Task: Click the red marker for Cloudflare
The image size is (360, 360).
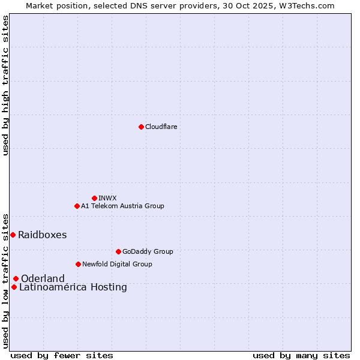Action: coord(141,127)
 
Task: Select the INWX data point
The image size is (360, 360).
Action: coord(94,198)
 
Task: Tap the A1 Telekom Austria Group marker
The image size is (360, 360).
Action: coord(77,206)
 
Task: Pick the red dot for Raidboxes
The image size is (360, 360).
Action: coord(13,235)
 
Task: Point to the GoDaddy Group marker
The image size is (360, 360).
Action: coord(118,251)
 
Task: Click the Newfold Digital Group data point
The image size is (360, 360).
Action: coord(78,264)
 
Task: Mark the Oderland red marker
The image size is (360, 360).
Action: coord(16,278)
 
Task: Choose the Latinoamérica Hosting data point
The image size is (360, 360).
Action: coord(14,287)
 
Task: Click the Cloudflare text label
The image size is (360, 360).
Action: coord(161,127)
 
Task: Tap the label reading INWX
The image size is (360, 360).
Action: coord(107,198)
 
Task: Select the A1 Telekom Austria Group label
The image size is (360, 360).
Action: coord(122,206)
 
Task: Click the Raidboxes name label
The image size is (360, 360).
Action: coord(42,235)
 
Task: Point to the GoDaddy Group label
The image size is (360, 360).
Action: coord(147,251)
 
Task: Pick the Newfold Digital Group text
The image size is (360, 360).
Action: coord(117,264)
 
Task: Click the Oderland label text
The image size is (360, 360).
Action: coord(43,278)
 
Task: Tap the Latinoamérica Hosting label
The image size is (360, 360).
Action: coord(73,287)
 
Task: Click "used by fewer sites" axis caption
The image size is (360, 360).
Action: coord(62,355)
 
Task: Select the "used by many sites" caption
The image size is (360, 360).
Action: coord(301,355)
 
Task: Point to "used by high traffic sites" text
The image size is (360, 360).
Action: coord(5,85)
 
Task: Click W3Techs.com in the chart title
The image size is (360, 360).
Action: coord(305,5)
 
